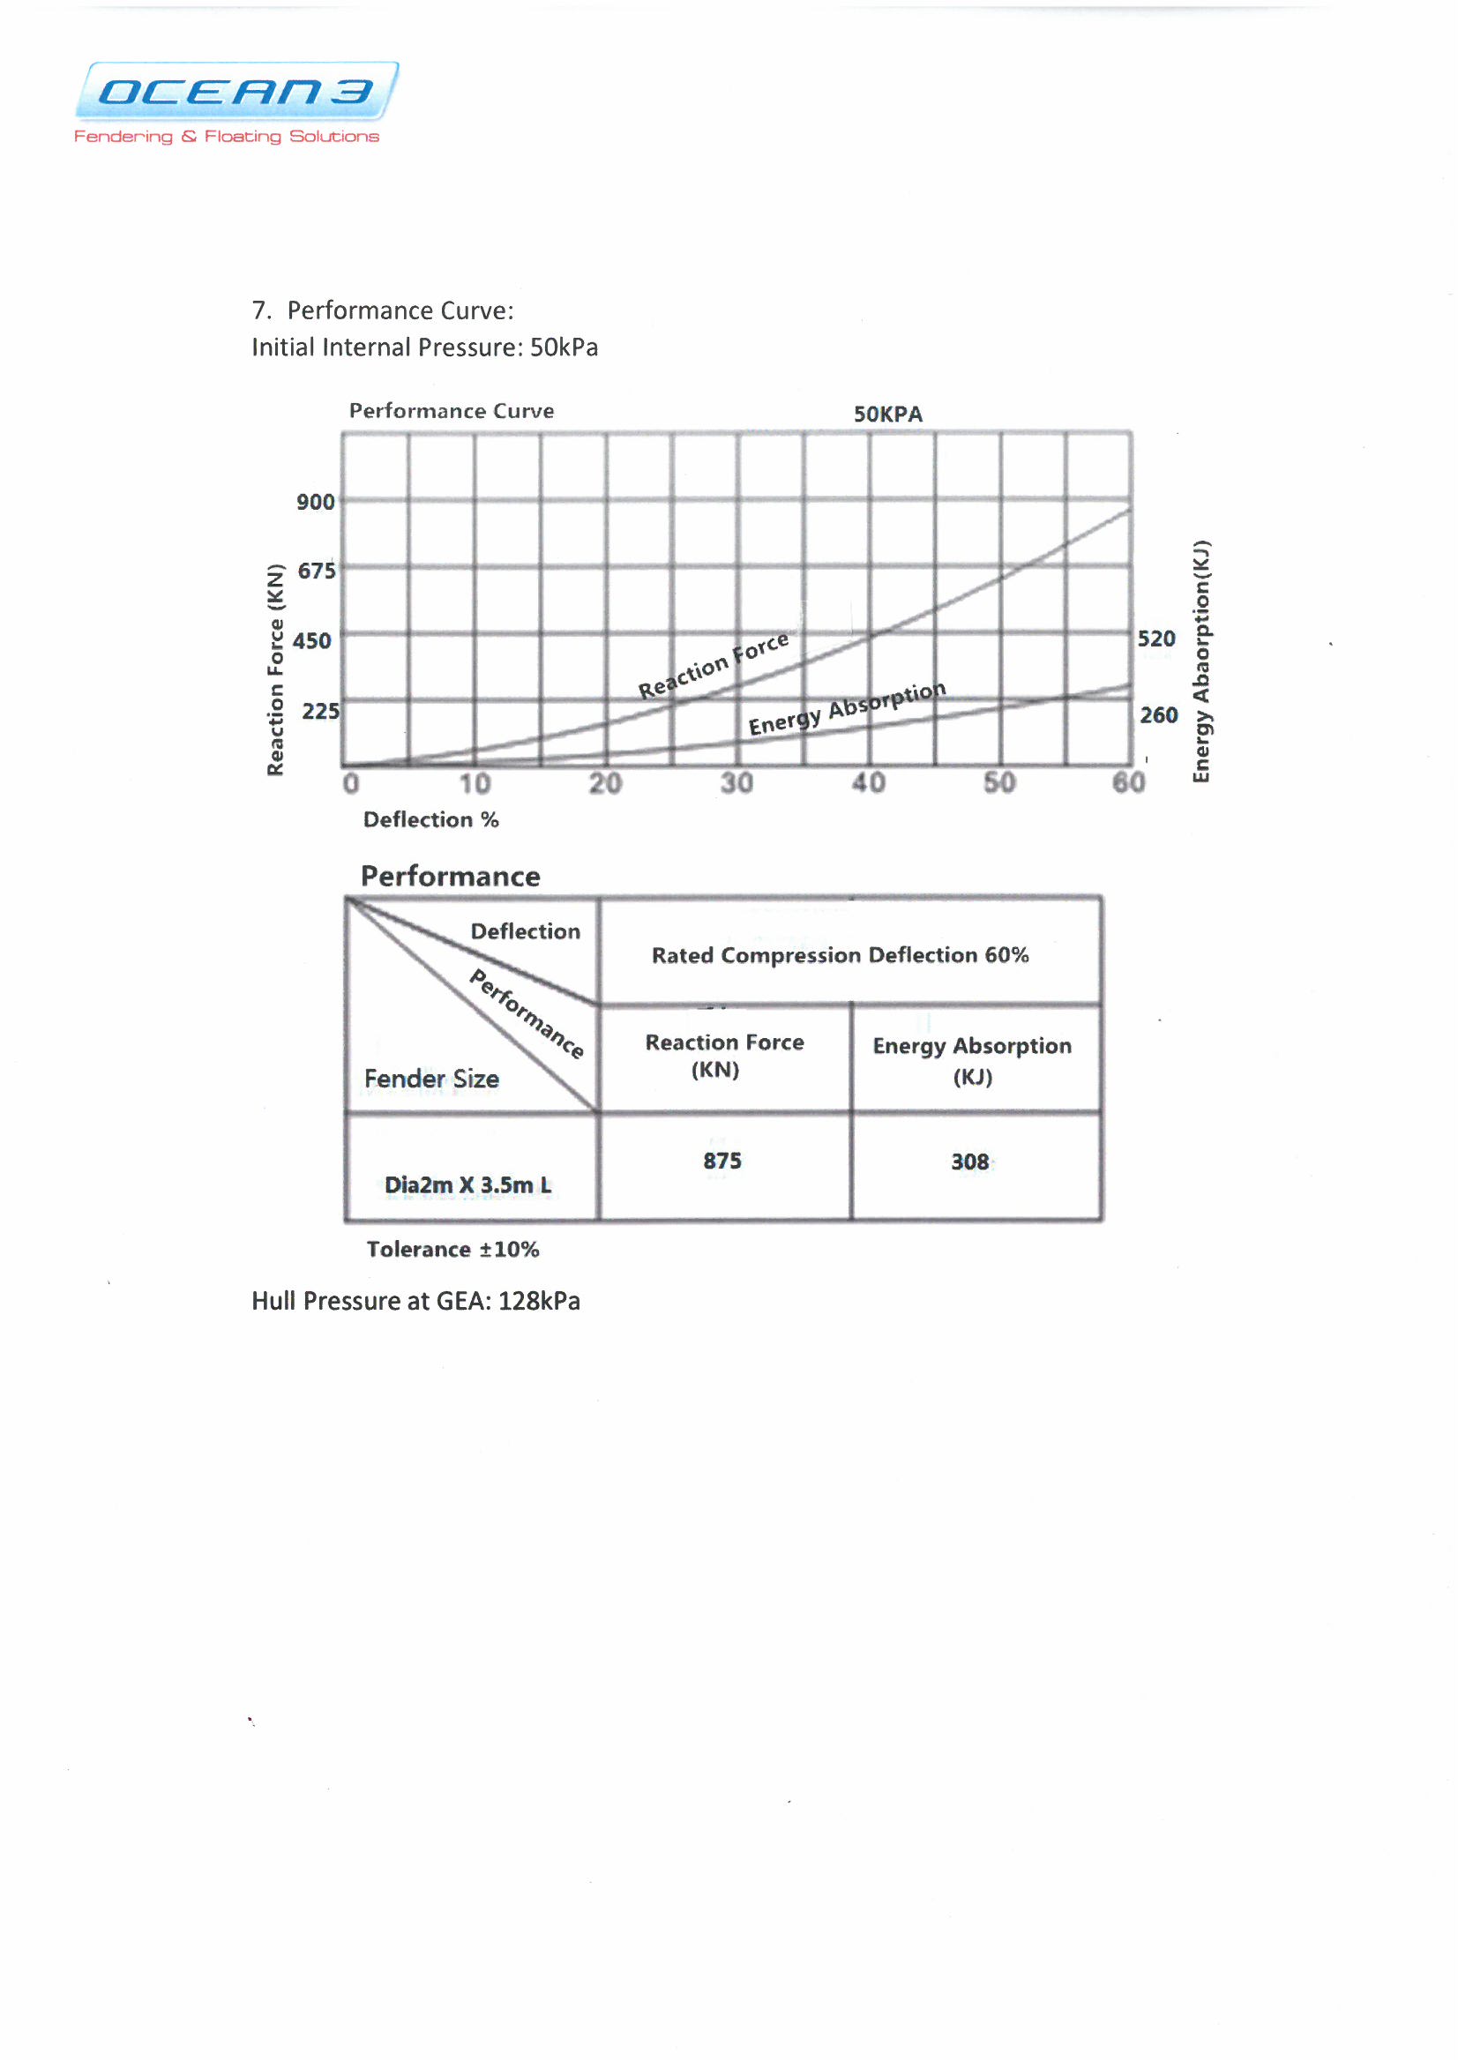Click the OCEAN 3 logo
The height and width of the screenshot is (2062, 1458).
[236, 92]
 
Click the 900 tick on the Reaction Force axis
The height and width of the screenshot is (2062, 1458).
[315, 502]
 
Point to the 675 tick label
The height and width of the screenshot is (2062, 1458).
[317, 572]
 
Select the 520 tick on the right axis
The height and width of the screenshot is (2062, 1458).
[1156, 639]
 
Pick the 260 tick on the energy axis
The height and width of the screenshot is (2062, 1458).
[1158, 716]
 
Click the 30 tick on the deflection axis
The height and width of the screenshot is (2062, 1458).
[736, 784]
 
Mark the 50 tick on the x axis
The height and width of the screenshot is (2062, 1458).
[999, 783]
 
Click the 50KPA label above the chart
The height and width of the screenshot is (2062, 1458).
[887, 415]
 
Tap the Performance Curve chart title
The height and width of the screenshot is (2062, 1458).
[451, 411]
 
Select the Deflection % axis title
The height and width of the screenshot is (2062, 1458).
[430, 820]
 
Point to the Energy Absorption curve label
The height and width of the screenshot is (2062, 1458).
[847, 708]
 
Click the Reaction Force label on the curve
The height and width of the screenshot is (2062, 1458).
[714, 666]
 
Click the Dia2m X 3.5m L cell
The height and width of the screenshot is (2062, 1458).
[468, 1185]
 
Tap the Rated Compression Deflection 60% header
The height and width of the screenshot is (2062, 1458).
[840, 955]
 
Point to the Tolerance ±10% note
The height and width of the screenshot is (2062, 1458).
[452, 1250]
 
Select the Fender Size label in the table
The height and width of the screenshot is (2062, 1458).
[431, 1080]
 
